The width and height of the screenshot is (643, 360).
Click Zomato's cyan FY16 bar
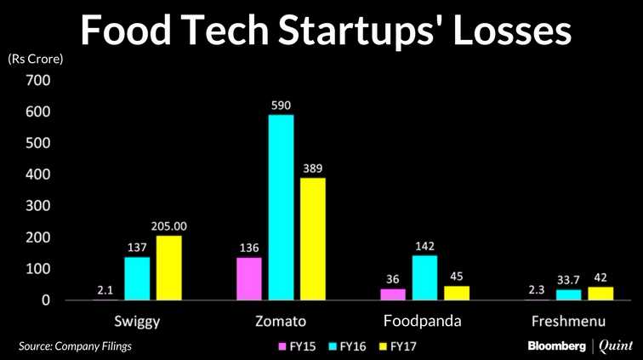coord(281,208)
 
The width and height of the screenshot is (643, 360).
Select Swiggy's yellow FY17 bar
coord(168,268)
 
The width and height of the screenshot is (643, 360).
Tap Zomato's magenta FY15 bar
coord(248,279)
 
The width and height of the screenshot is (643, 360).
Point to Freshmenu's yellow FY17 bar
coord(600,294)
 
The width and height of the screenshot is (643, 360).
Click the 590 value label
coord(281,106)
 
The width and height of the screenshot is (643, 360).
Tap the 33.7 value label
coord(568,278)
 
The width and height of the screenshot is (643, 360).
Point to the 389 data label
coord(313,169)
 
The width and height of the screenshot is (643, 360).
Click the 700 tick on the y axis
coord(39,81)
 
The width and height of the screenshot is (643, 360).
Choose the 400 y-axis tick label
coord(39,174)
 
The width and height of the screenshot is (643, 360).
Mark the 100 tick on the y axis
coord(39,269)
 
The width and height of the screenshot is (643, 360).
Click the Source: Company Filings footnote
coord(76,346)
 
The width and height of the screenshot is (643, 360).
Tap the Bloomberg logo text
coord(556,346)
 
